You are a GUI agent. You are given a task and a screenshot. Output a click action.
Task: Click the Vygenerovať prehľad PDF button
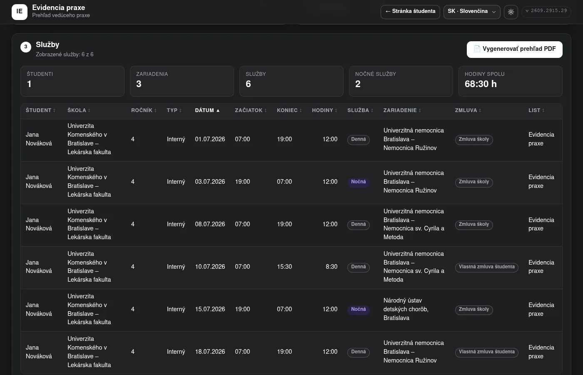[x=514, y=49]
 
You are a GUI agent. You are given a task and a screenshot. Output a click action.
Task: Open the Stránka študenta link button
[x=410, y=12]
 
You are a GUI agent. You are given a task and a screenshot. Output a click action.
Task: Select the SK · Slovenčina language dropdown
[x=471, y=12]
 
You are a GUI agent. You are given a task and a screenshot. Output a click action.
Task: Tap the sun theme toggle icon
[x=511, y=12]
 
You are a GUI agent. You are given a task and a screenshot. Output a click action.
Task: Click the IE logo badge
[x=20, y=12]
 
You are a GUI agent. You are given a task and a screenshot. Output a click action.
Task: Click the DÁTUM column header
[x=207, y=110]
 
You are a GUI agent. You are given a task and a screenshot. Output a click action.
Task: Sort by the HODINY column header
[x=324, y=110]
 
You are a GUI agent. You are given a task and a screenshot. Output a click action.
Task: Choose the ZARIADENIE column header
[x=402, y=110]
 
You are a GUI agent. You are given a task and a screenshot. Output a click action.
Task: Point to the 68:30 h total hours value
[x=481, y=84]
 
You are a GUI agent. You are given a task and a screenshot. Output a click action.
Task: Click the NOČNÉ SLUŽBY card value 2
[x=358, y=84]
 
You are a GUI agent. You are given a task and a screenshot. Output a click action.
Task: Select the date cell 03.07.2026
[x=210, y=182]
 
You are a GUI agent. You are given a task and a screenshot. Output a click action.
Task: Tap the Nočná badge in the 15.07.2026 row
[x=359, y=309]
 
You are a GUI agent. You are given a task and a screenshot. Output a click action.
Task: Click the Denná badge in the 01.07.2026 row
[x=359, y=139]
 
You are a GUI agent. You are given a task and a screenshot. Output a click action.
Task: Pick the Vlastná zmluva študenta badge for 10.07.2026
[x=486, y=267]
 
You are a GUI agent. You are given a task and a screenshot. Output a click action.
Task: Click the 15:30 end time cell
[x=284, y=267]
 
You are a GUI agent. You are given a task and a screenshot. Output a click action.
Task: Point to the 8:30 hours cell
[x=331, y=267]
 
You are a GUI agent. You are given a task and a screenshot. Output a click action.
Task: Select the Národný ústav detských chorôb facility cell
[x=406, y=309]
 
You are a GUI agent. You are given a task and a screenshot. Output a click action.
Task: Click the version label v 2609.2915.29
[x=546, y=11]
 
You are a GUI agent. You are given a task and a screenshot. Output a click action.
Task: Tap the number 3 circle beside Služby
[x=26, y=47]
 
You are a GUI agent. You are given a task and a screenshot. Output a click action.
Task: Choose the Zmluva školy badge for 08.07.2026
[x=474, y=225]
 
